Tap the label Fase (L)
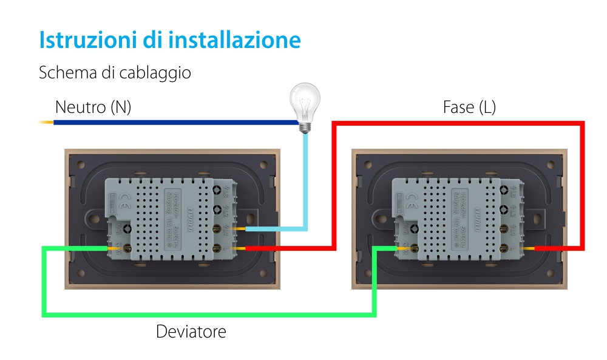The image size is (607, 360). (469, 107)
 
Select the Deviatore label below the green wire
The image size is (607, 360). (191, 332)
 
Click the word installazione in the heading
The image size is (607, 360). (235, 39)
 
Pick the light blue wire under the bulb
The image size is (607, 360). (306, 182)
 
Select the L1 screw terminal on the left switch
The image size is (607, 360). (218, 229)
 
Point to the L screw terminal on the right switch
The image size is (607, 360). (505, 248)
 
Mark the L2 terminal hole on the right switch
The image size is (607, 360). (504, 210)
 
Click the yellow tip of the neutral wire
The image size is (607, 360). (46, 123)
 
